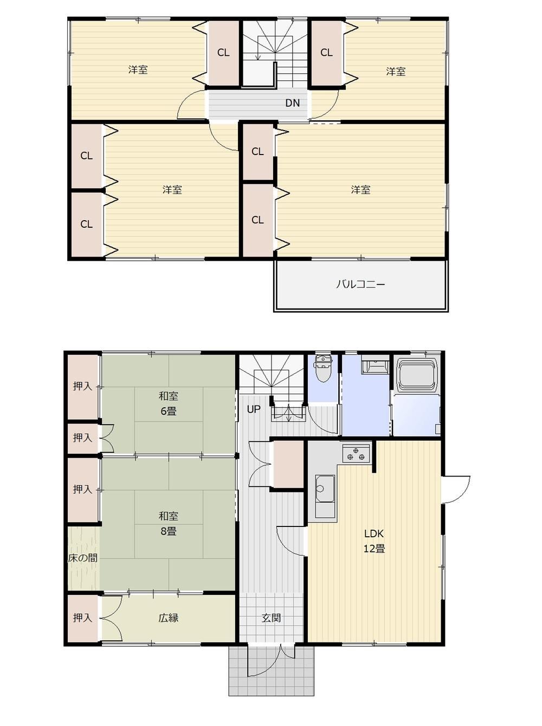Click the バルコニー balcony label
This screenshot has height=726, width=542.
[360, 285]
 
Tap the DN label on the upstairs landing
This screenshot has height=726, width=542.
[293, 103]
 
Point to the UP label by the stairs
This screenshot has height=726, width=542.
[254, 409]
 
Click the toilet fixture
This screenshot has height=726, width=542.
[322, 368]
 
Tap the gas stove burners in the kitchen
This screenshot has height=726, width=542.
[356, 454]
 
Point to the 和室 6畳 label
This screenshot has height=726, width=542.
[169, 403]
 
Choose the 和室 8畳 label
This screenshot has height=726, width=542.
[169, 524]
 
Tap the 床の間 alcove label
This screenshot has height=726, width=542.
[82, 558]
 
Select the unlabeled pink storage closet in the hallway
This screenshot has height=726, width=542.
[287, 464]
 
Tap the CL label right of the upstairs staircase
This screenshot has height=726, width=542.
[326, 53]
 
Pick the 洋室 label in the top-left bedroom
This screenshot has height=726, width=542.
[138, 70]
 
